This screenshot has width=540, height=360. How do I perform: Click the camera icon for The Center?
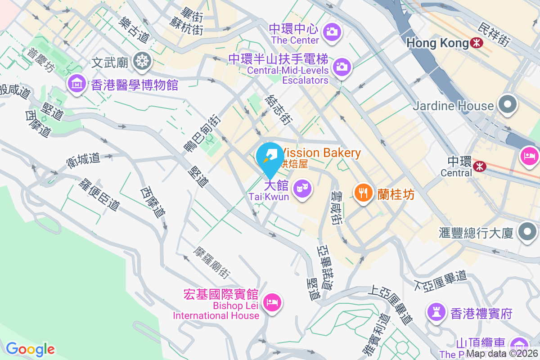(332, 31)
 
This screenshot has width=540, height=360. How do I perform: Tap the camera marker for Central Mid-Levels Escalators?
(342, 67)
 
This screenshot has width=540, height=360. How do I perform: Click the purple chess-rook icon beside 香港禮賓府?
(436, 312)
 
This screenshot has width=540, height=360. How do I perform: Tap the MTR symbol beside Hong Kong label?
(476, 43)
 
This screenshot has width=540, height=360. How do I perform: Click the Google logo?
(30, 349)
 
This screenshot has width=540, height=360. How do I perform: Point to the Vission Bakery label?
(322, 153)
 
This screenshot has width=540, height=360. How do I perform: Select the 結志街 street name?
(278, 109)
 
